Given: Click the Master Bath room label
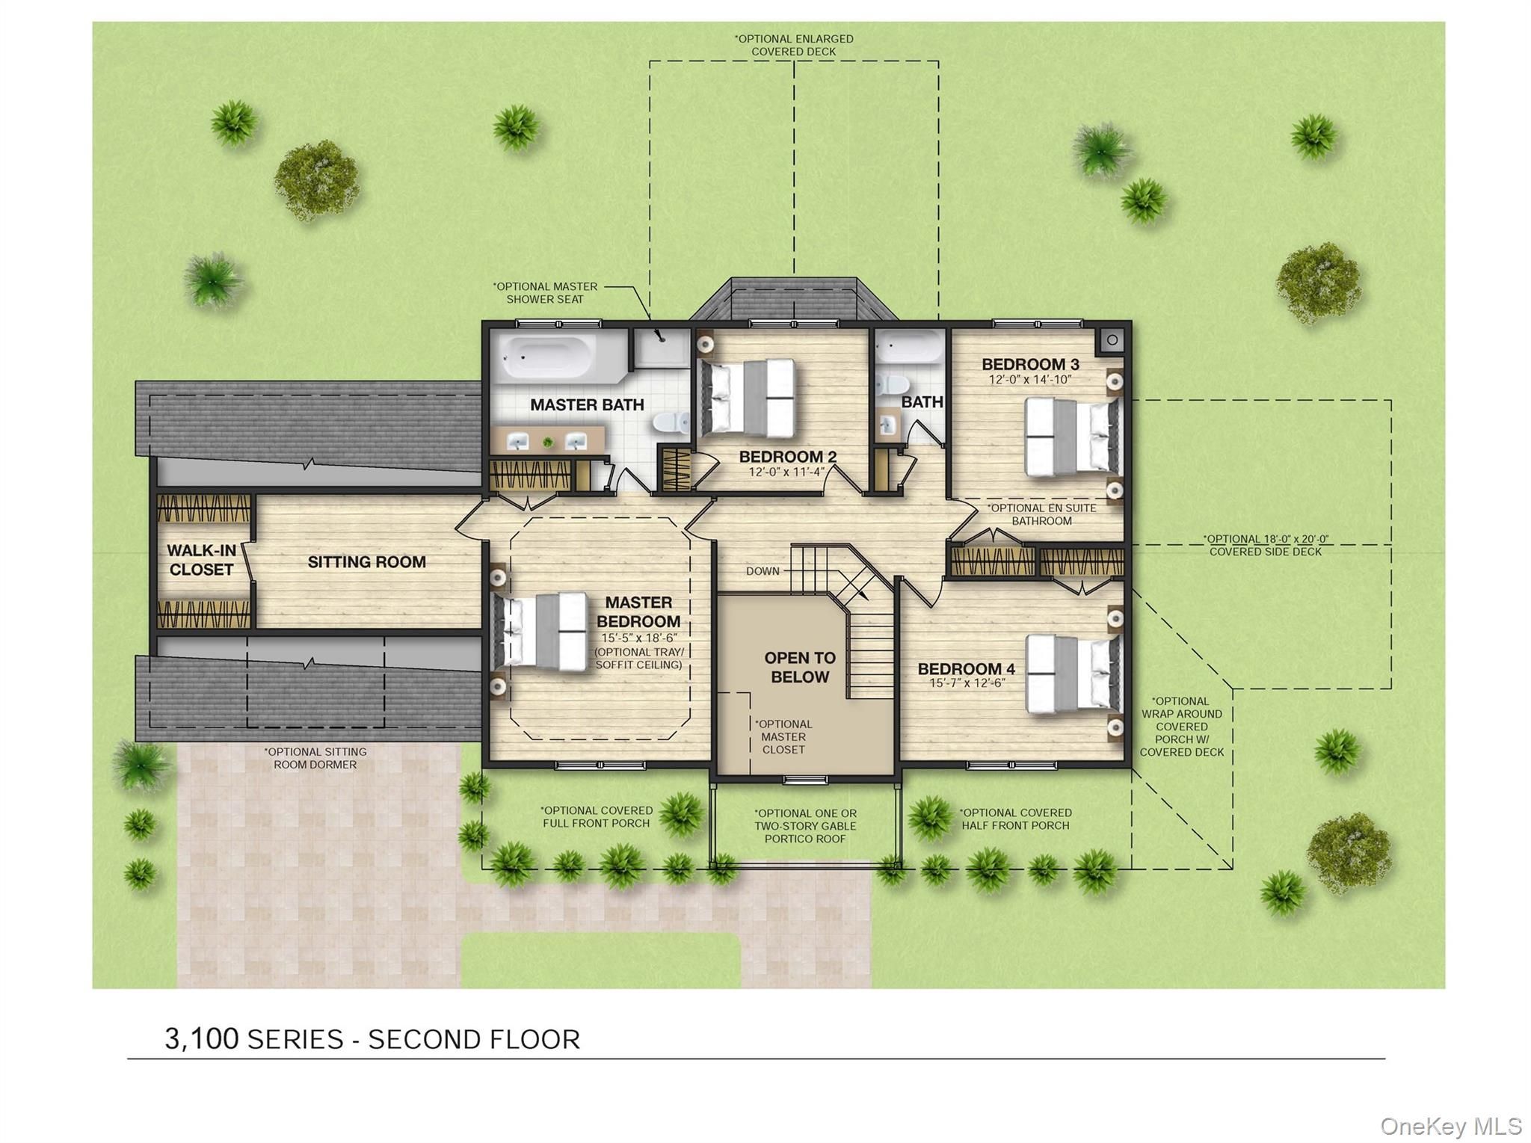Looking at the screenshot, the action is (587, 405).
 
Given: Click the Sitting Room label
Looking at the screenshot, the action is (366, 562).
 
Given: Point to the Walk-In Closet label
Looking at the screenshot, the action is (201, 560).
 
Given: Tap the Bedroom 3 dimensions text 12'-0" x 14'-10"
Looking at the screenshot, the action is (1030, 380).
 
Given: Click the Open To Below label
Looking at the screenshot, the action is (800, 668).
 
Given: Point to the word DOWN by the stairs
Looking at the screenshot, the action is (763, 571).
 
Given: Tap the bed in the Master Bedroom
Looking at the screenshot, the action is (540, 632).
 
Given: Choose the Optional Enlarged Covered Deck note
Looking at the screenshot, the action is (794, 45).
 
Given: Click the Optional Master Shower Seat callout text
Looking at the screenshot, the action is (545, 292).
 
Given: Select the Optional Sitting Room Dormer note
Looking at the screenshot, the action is (315, 758).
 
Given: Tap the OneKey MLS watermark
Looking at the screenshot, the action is (1451, 1126).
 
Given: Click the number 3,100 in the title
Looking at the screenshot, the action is (202, 1039).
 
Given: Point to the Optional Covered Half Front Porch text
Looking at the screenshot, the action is (1015, 819).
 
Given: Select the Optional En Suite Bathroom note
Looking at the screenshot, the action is (1041, 514).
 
